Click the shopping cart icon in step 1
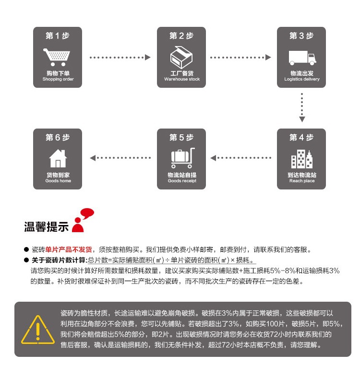[57, 57]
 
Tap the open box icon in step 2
[181, 57]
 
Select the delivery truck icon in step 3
[302, 58]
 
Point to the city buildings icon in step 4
[301, 159]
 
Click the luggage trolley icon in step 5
[181, 158]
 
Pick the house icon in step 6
[58, 158]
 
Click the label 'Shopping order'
[58, 79]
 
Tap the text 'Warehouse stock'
[181, 79]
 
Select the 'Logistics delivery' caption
[302, 79]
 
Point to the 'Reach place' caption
[302, 181]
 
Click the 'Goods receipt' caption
[181, 181]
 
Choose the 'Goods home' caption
[58, 181]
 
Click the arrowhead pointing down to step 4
[302, 119]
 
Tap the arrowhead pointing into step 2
[148, 58]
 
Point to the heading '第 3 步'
[301, 36]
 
